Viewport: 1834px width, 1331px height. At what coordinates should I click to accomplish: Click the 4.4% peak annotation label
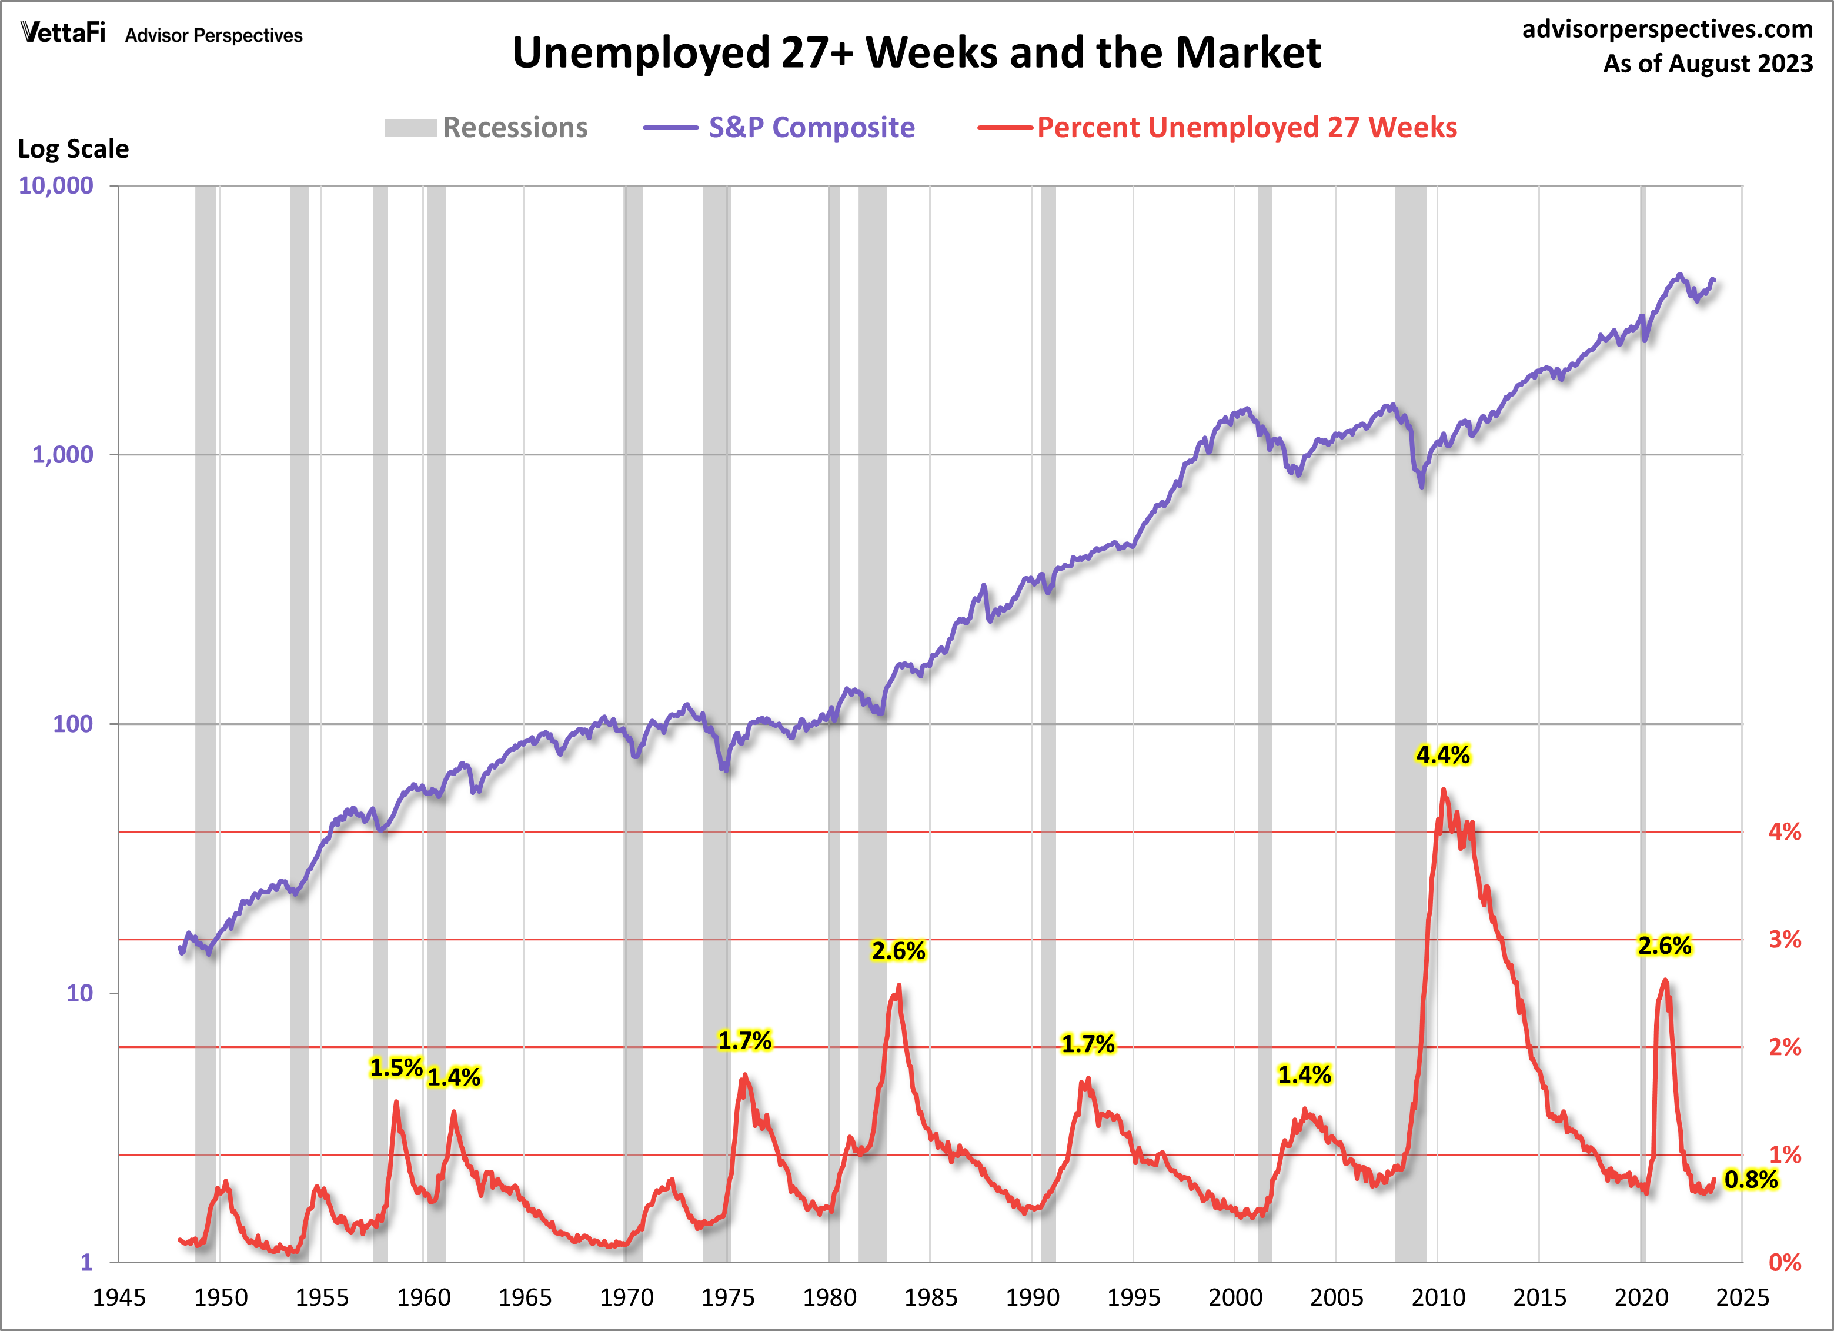1442,755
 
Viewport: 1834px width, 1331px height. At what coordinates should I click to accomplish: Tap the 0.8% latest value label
1751,1180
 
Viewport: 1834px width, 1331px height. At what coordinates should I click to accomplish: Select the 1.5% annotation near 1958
396,1067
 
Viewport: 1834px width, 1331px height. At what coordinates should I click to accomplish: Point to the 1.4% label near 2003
1304,1074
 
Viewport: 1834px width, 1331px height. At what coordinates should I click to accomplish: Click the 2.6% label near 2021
1664,945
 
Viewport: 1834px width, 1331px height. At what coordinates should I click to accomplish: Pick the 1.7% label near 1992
1088,1044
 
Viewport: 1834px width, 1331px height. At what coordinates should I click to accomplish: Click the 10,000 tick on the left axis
56,185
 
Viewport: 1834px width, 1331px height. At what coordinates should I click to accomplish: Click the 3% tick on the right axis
1785,939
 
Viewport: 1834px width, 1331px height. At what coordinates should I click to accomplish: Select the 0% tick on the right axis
1785,1262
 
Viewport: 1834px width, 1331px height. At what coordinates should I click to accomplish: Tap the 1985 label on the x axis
931,1298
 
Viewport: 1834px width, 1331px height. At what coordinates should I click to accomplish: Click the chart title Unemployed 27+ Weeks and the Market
916,54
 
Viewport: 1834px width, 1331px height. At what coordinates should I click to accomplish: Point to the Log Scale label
74,149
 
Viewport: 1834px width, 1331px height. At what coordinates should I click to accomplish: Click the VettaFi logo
63,32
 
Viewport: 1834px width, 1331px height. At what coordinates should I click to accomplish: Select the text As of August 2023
1708,63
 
